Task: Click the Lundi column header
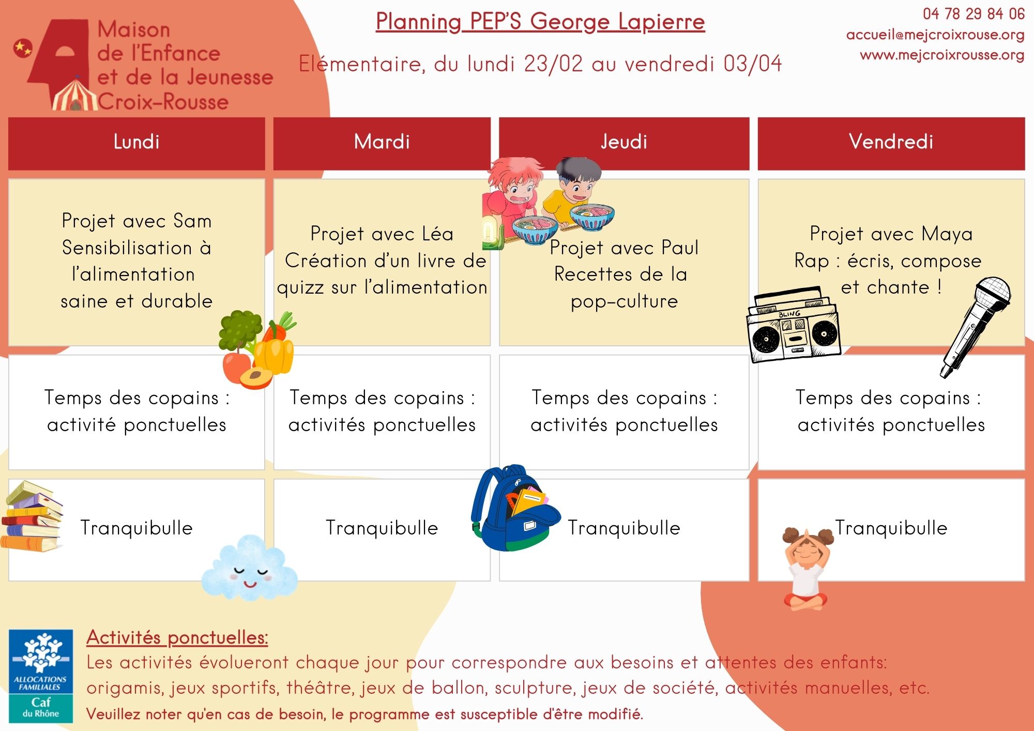point(136,142)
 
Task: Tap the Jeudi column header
point(624,142)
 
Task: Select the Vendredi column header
point(891,142)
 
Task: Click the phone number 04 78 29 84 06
point(974,14)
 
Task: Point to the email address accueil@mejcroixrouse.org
point(935,35)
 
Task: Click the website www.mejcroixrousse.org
point(942,55)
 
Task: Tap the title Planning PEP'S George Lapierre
point(540,22)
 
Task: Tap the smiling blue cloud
point(249,568)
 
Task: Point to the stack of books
point(32,517)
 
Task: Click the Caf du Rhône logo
point(41,676)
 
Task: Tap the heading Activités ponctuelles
point(177,637)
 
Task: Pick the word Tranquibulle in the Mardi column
point(382,528)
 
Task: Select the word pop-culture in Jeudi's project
point(624,301)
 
